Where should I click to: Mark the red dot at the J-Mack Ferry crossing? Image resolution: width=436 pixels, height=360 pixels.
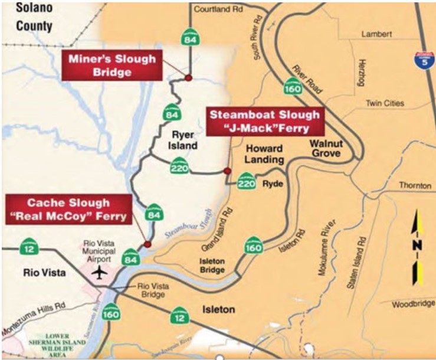point(227,171)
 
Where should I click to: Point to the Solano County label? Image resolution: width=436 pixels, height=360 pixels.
point(26,18)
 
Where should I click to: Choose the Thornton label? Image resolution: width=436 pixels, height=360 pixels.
point(415,185)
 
